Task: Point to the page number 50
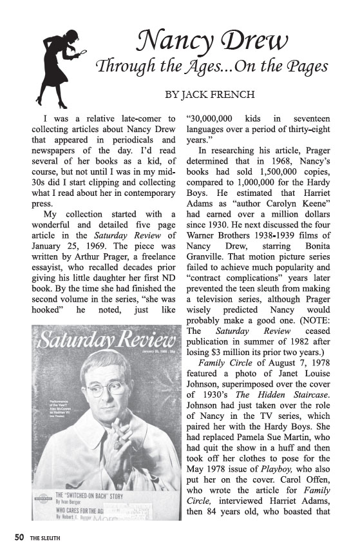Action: point(19,537)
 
